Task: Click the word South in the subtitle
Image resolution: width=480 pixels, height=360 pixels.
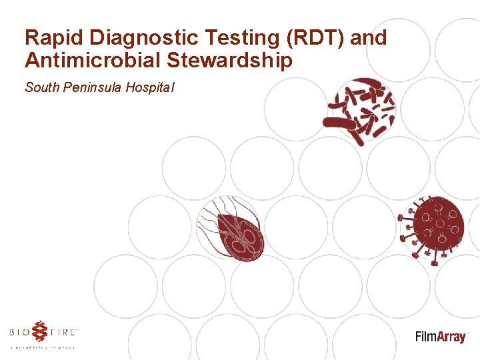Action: (x=40, y=87)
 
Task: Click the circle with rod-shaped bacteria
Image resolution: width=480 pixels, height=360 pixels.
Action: (x=361, y=110)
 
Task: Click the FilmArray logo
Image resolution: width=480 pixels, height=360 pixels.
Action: (x=441, y=336)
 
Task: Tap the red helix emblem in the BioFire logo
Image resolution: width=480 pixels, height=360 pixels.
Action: (x=41, y=331)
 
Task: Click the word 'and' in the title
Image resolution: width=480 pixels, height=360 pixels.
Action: (x=368, y=38)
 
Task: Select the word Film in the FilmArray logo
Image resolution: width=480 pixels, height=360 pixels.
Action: (x=427, y=336)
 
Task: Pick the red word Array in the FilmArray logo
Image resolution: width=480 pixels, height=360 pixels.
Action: (x=452, y=337)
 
